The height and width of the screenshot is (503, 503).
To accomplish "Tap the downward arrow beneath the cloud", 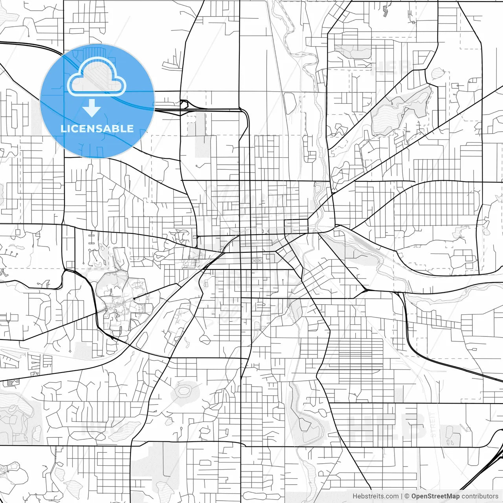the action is point(92,108).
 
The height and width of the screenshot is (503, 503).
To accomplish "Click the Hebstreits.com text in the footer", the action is point(375,496).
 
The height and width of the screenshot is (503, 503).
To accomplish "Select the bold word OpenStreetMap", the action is point(435,496).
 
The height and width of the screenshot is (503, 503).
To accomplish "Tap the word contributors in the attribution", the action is point(480,496).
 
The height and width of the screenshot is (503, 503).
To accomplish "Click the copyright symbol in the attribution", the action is point(407,496).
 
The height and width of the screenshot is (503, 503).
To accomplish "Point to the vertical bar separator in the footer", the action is point(402,496).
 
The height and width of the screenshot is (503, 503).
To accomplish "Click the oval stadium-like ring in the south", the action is point(183,391).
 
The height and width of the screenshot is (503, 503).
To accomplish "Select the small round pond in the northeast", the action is point(437,73).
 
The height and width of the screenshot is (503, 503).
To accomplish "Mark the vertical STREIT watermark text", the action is point(433,424).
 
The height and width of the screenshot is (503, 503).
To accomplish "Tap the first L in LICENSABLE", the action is point(63,129).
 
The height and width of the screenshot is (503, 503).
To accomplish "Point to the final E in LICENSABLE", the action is point(130,129).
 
